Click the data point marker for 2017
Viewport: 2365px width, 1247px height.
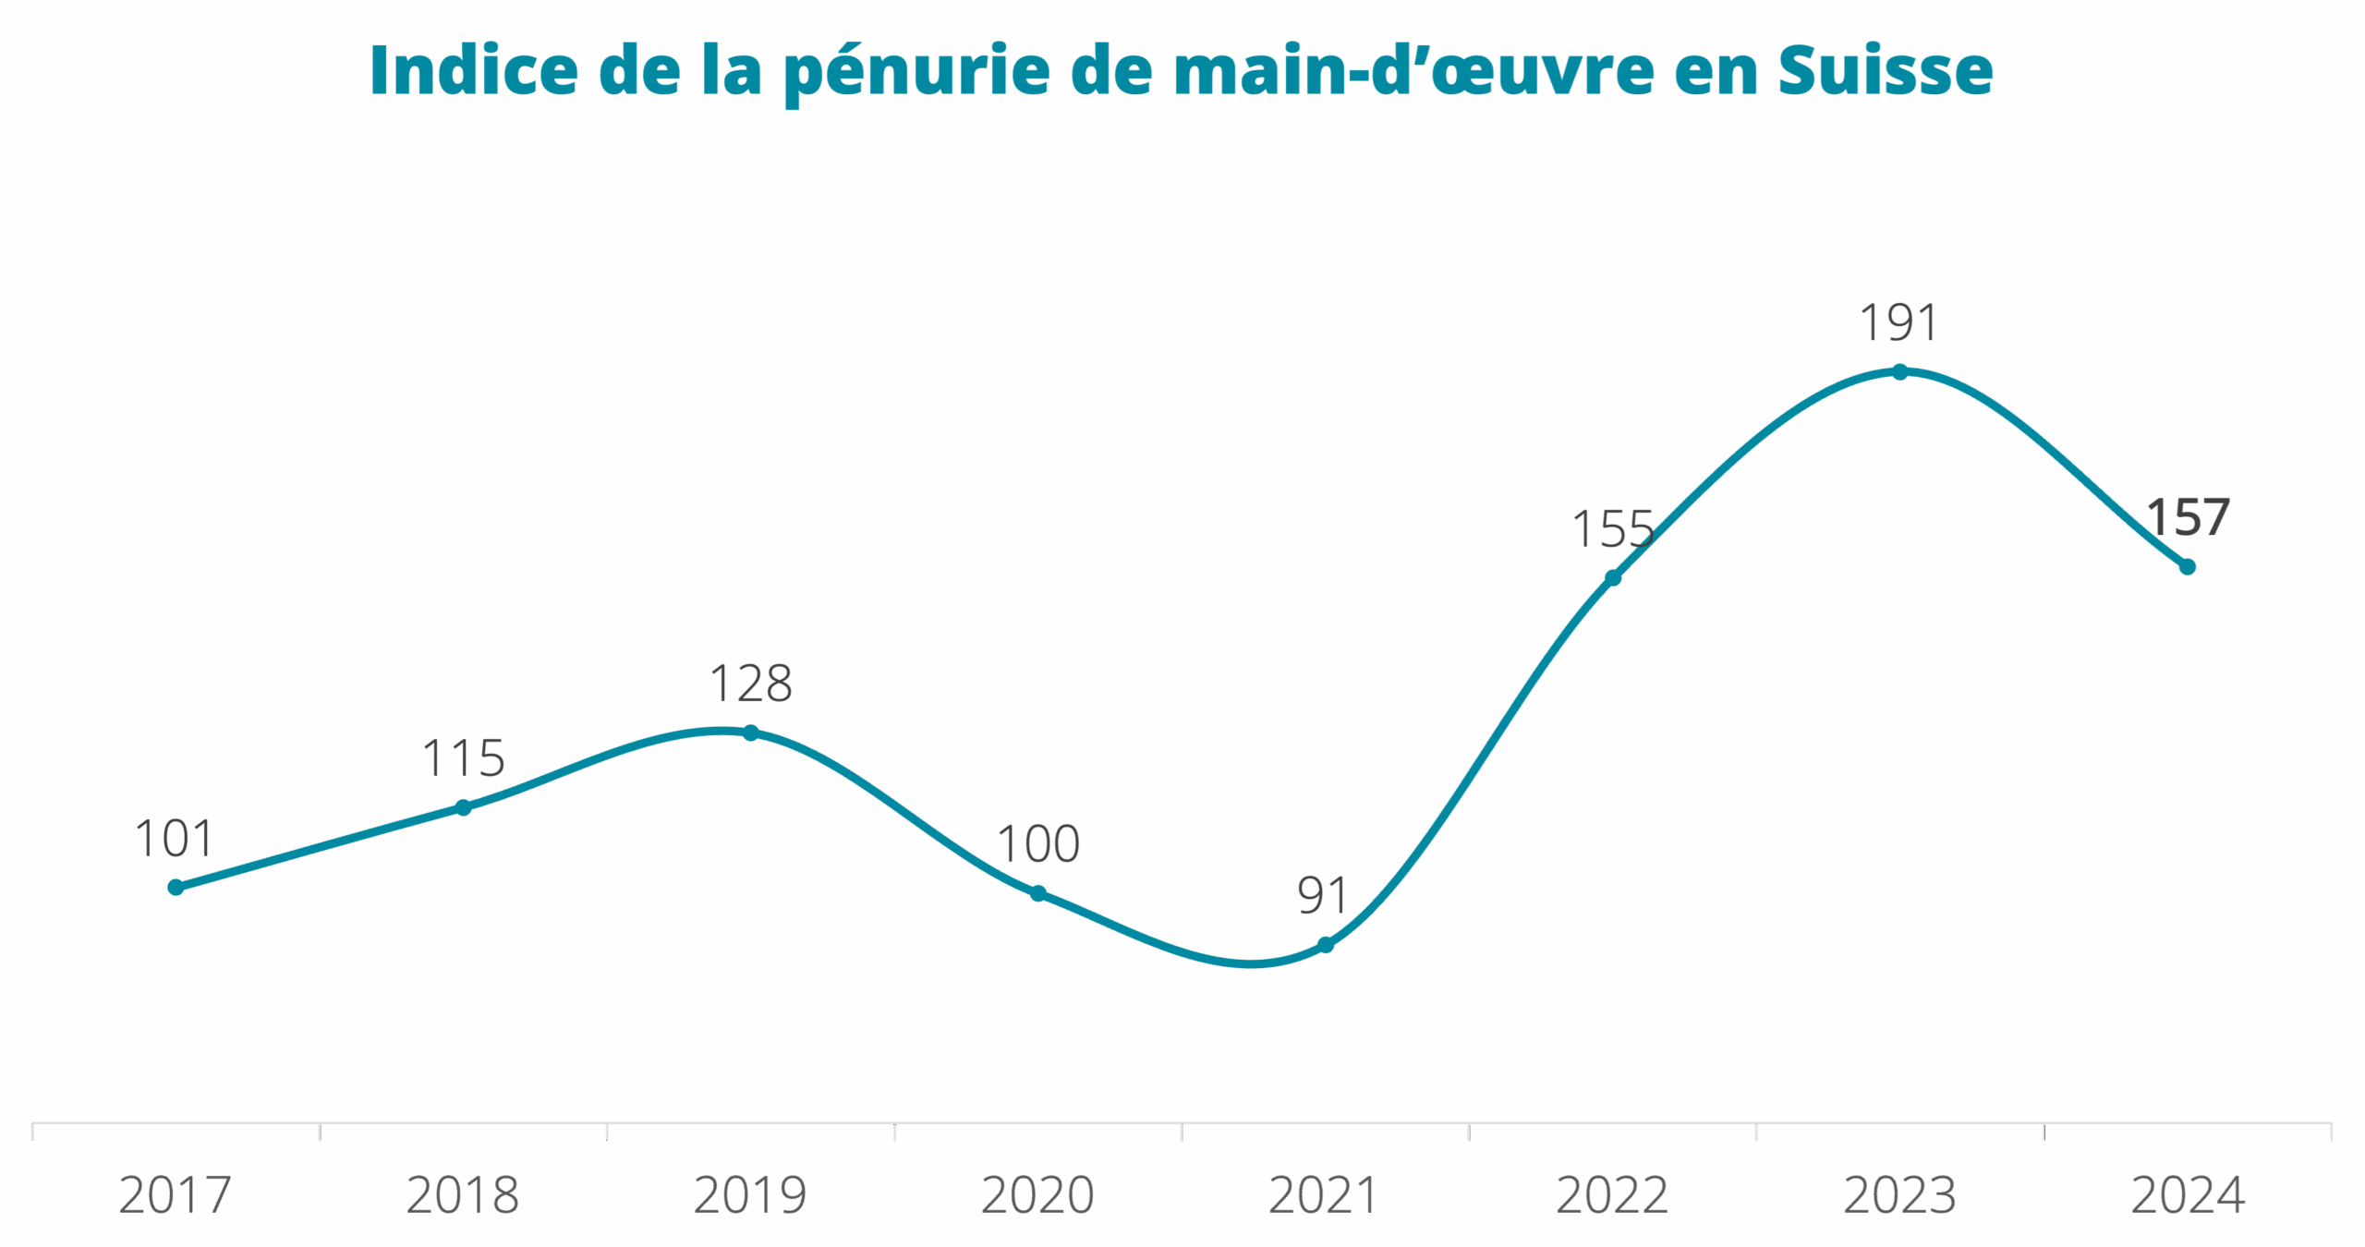tap(176, 887)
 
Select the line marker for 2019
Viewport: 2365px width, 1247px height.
tap(751, 732)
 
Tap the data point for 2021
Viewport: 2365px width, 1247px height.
tap(1325, 945)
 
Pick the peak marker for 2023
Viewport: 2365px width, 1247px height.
tap(1899, 371)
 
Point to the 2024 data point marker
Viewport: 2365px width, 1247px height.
tap(2187, 566)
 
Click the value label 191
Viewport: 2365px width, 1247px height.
tap(1898, 323)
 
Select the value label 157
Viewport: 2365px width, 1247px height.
tap(2187, 517)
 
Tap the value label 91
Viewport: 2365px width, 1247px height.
tap(1323, 895)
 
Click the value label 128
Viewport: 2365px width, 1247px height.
tap(751, 684)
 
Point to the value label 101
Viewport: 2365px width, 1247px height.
tap(175, 839)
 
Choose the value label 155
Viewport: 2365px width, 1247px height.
tap(1612, 529)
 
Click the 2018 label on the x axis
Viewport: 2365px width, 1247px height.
tap(463, 1195)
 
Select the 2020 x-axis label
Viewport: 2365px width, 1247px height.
tap(1037, 1195)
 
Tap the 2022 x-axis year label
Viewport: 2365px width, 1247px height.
tap(1612, 1195)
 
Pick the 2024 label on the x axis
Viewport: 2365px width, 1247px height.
tap(2187, 1195)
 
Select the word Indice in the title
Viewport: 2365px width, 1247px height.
tap(474, 70)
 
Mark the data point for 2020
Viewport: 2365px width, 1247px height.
tap(1038, 893)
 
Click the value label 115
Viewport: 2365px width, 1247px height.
tap(464, 759)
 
